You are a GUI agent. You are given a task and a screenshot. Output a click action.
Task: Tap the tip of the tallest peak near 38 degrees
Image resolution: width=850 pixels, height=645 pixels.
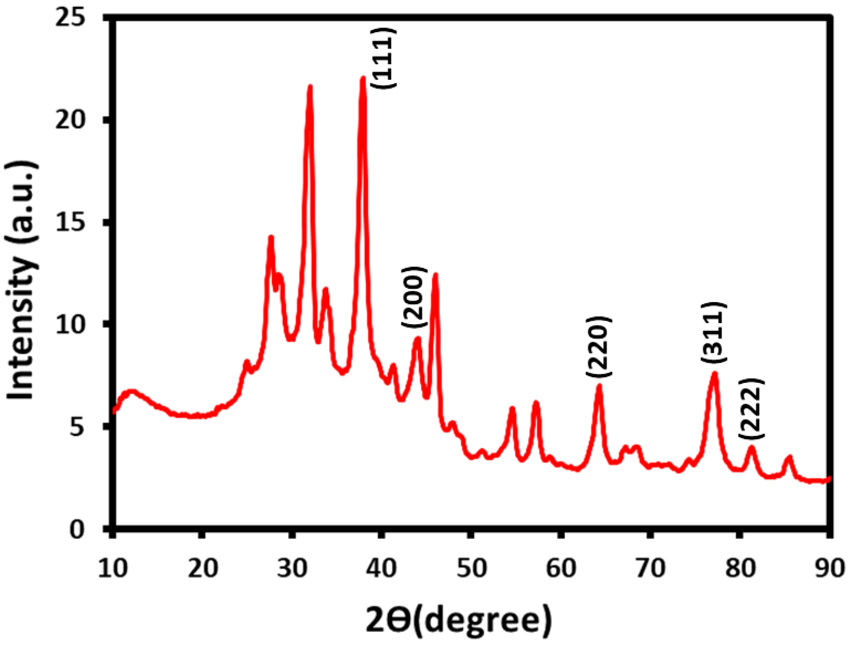pos(363,79)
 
